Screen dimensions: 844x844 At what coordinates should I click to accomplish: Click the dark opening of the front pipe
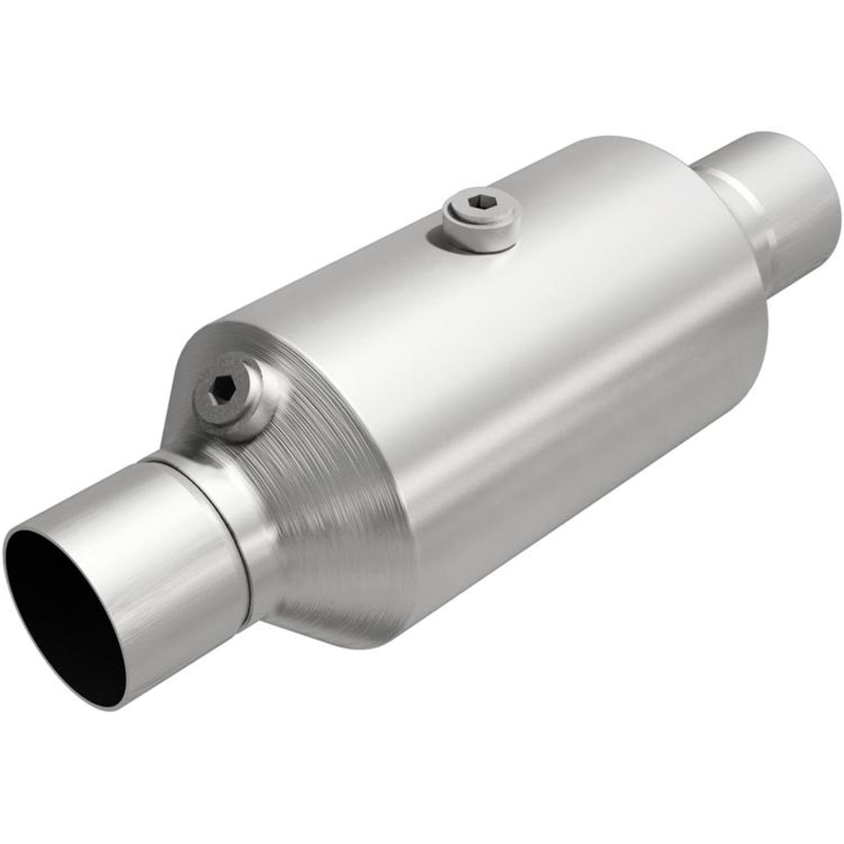click(62, 619)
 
